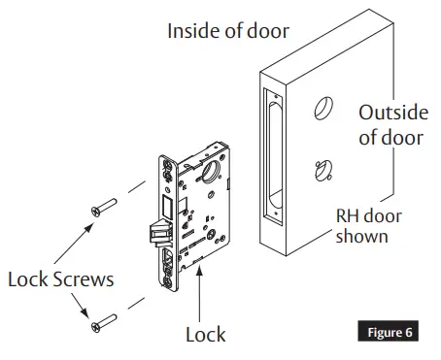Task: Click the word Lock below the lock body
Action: [x=205, y=335]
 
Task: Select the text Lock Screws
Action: [x=59, y=279]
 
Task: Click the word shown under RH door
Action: [x=361, y=236]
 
